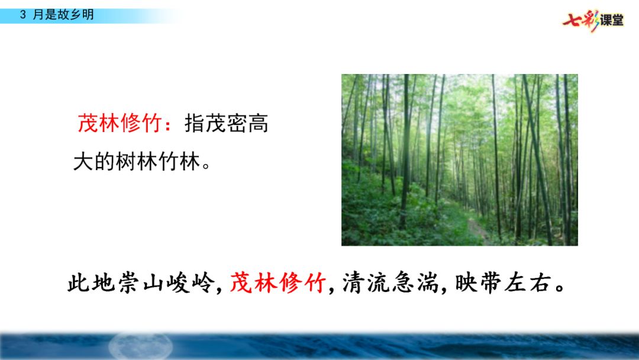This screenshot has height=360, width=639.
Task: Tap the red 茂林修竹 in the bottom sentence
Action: [x=277, y=283]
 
